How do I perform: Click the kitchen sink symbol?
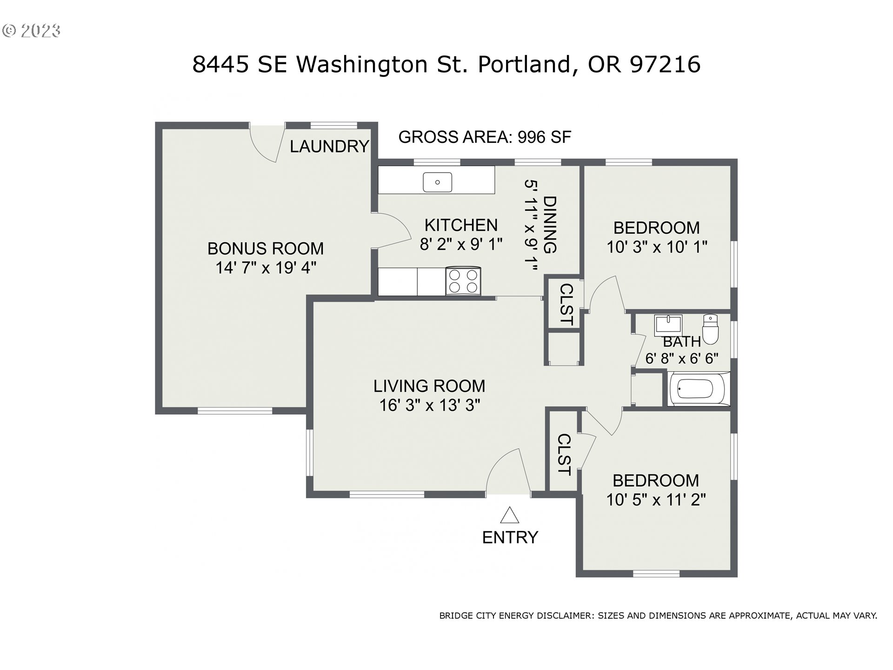[x=437, y=182]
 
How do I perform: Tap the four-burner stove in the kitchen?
[x=463, y=281]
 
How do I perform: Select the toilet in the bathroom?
[x=710, y=329]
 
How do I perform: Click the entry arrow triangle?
[x=510, y=516]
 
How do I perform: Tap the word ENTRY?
[x=510, y=538]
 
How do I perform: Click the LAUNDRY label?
[x=329, y=147]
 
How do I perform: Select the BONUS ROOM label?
[x=266, y=248]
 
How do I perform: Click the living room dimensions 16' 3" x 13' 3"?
[x=429, y=406]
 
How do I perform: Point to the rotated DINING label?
[x=550, y=225]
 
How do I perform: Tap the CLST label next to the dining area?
[x=565, y=304]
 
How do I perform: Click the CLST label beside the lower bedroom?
[x=564, y=455]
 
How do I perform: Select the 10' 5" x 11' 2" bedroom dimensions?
[x=656, y=500]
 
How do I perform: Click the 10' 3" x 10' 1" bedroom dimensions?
[x=657, y=247]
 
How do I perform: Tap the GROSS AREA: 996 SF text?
[x=485, y=137]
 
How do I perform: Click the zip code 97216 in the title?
[x=665, y=64]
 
